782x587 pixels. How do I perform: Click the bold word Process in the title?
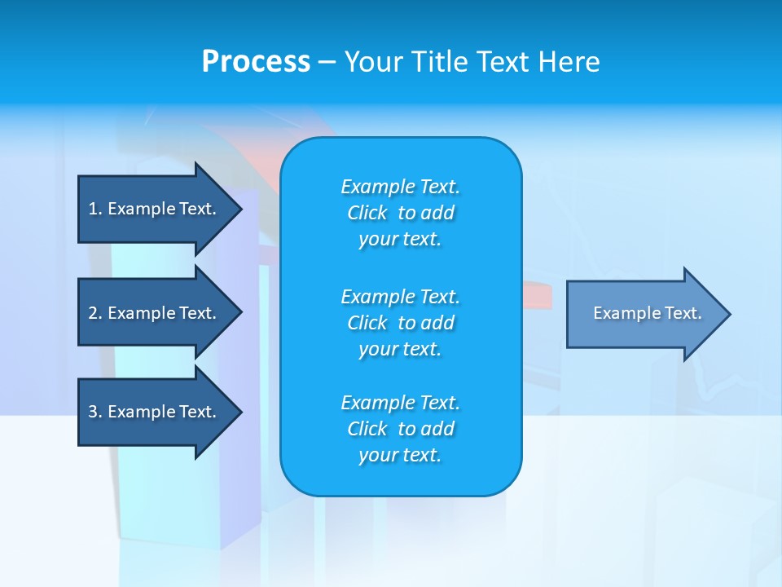click(256, 62)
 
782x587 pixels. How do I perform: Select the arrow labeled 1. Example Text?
click(153, 209)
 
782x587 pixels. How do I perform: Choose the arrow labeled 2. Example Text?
click(153, 313)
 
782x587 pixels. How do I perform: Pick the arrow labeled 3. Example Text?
click(153, 412)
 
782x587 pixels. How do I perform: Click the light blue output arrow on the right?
click(644, 314)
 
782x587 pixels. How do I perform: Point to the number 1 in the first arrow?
click(93, 209)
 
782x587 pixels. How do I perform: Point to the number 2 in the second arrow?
click(93, 313)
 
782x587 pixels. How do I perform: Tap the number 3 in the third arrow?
click(93, 412)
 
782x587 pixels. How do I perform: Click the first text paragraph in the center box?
click(400, 213)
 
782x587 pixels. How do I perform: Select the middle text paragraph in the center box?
click(400, 323)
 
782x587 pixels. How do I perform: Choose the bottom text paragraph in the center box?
click(400, 429)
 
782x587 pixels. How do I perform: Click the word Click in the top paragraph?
click(367, 213)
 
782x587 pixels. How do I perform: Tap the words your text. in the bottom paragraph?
click(400, 455)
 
